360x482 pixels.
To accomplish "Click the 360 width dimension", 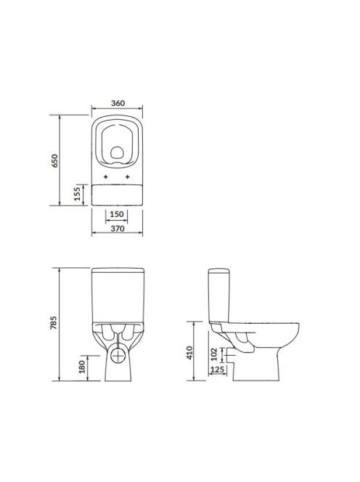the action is click(x=118, y=103).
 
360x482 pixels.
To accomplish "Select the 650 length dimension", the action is click(x=54, y=160).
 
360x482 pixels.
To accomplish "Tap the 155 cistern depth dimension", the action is click(x=77, y=194).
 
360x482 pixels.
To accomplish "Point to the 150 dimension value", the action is click(x=117, y=214).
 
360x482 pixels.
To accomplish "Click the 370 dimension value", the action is click(x=118, y=229).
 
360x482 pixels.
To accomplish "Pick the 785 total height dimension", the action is click(x=54, y=322).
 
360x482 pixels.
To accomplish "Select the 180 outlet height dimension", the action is click(x=82, y=367).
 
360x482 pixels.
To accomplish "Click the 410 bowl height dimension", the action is click(x=189, y=353).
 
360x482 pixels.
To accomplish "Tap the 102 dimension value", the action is click(x=214, y=354).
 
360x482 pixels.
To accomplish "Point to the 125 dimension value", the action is click(x=218, y=369).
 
